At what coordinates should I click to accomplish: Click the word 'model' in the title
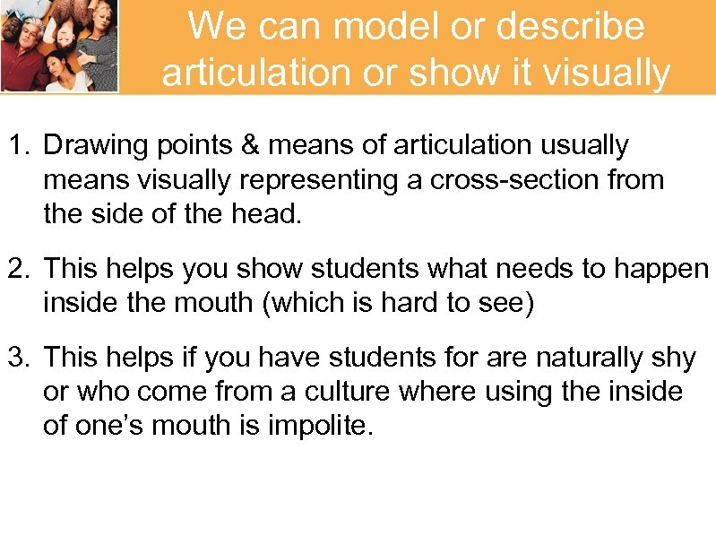(x=375, y=27)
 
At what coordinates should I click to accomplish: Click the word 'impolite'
(x=318, y=427)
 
